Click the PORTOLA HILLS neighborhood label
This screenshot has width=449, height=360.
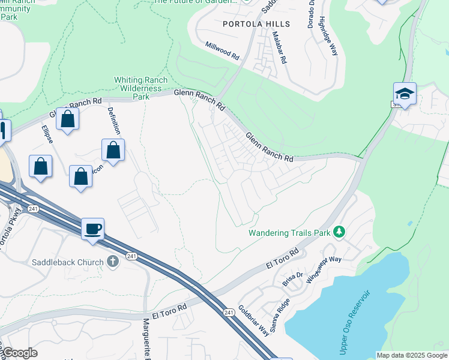point(256,24)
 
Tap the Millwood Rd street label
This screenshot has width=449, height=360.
point(222,50)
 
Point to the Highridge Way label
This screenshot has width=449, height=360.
point(328,36)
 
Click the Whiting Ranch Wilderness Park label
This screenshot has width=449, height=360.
point(140,88)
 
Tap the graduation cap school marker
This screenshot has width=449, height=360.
point(405,94)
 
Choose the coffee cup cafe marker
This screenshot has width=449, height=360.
point(92,229)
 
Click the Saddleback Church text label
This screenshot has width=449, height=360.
point(67,262)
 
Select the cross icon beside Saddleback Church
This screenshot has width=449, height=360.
point(112,261)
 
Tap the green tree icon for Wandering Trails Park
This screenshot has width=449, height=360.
point(339,231)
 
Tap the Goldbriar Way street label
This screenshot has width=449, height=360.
point(253,320)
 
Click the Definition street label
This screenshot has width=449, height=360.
point(114,121)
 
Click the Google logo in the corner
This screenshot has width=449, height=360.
point(20,353)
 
